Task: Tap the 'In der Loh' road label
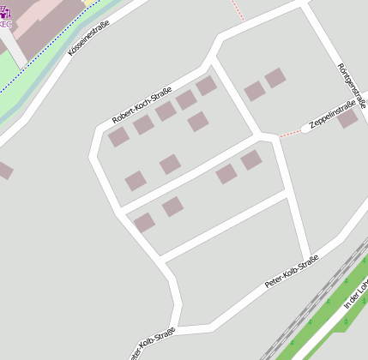click(x=354, y=291)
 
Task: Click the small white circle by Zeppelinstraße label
click(x=305, y=130)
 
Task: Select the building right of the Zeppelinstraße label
click(x=347, y=118)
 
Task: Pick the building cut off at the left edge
click(x=3, y=170)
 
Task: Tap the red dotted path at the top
click(x=238, y=11)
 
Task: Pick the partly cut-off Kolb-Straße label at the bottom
click(x=153, y=341)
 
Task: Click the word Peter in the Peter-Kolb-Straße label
click(x=273, y=279)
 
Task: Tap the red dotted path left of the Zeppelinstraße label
click(x=290, y=135)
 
